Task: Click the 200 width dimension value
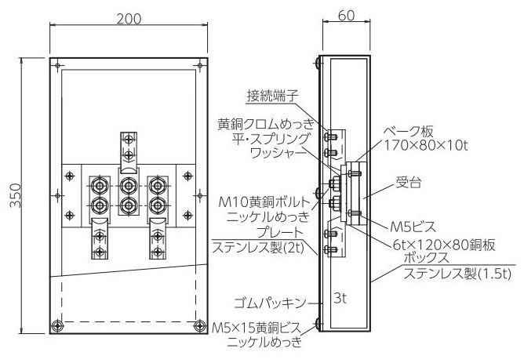pyautogui.click(x=129, y=19)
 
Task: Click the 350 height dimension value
pyautogui.click(x=16, y=195)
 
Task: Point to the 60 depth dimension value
pyautogui.click(x=347, y=16)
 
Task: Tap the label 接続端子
pyautogui.click(x=272, y=96)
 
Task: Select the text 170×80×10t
pyautogui.click(x=425, y=145)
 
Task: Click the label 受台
pyautogui.click(x=409, y=183)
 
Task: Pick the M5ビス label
pyautogui.click(x=413, y=227)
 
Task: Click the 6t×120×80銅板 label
pyautogui.click(x=444, y=245)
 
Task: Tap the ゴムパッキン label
pyautogui.click(x=270, y=303)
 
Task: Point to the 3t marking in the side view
pyautogui.click(x=340, y=299)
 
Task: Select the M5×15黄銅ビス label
pyautogui.click(x=257, y=329)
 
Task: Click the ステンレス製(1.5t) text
pyautogui.click(x=457, y=274)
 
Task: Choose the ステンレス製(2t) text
pyautogui.click(x=258, y=248)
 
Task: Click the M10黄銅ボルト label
pyautogui.click(x=264, y=201)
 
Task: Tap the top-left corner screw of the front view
pyautogui.click(x=57, y=65)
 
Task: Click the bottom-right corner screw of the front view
pyautogui.click(x=200, y=325)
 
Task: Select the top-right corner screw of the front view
pyautogui.click(x=200, y=65)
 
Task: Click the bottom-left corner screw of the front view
pyautogui.click(x=58, y=325)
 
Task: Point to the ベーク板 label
pyautogui.click(x=408, y=132)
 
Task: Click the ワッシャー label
pyautogui.click(x=278, y=154)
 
